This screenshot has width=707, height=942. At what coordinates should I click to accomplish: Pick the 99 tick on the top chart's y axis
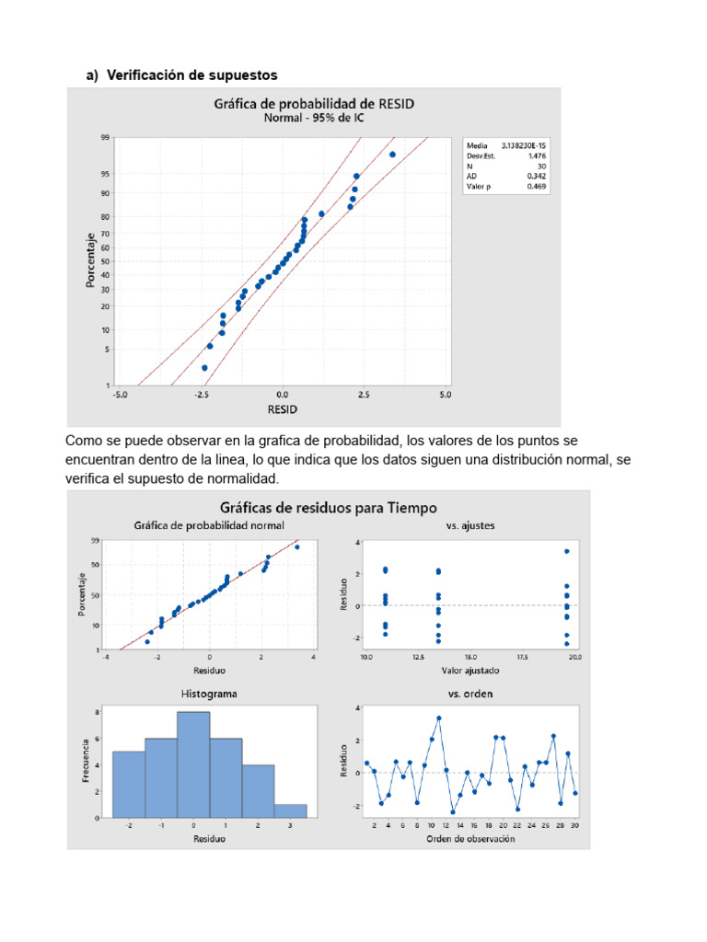click(x=106, y=137)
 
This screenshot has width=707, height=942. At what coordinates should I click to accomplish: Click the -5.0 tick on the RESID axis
click(x=121, y=395)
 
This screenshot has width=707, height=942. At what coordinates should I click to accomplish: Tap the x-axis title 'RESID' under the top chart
click(x=282, y=408)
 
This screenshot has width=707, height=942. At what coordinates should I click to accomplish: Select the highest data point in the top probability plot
click(x=392, y=155)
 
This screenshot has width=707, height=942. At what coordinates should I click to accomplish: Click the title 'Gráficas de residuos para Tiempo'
click(x=328, y=507)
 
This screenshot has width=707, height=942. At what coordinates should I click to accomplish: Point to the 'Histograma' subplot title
click(x=210, y=694)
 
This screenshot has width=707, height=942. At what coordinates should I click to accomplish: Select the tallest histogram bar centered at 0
click(x=193, y=764)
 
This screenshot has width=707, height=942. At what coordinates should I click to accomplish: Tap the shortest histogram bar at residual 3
click(x=291, y=810)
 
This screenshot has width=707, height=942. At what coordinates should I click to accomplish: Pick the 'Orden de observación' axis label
click(x=470, y=838)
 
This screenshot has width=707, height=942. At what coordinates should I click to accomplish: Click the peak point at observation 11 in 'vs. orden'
click(x=439, y=718)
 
